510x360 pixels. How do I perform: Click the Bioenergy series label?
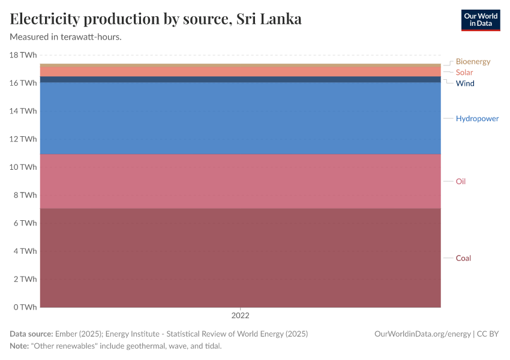click(473, 61)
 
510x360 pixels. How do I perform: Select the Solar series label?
click(464, 73)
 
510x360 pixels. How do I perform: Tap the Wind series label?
click(465, 83)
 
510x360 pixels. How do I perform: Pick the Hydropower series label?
click(477, 119)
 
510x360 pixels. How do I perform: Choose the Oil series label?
click(460, 181)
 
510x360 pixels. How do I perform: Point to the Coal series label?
click(463, 258)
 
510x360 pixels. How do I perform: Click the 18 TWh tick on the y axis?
click(23, 55)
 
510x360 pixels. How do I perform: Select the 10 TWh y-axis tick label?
click(23, 167)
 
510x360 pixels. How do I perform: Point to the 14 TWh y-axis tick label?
click(23, 111)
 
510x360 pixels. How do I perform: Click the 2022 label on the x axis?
click(240, 315)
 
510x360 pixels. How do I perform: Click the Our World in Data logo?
click(480, 20)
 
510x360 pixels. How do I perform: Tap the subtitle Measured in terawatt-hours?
click(66, 37)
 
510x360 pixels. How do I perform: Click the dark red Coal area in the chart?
click(240, 258)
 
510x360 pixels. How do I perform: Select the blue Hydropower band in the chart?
click(240, 118)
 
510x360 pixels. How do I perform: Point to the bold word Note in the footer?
click(20, 346)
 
